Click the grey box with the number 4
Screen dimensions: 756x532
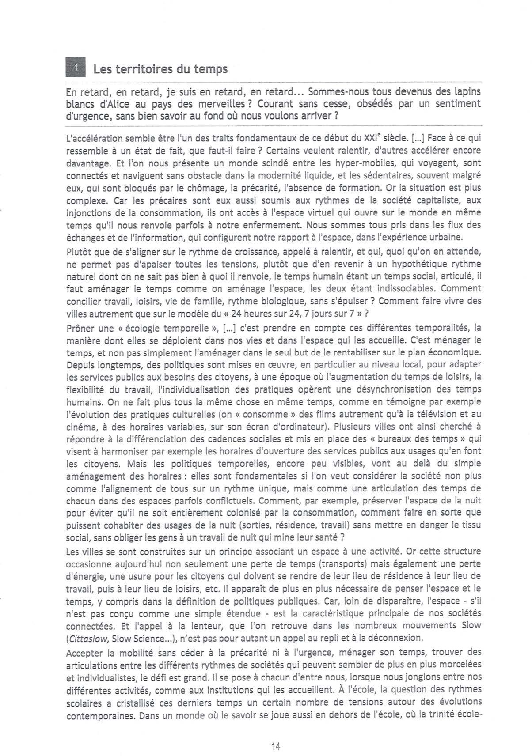click(75, 68)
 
